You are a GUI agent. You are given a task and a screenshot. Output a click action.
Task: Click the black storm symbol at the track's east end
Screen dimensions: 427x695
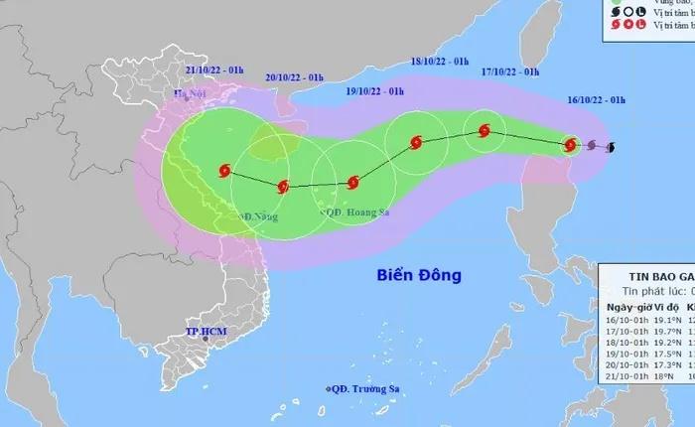(610, 149)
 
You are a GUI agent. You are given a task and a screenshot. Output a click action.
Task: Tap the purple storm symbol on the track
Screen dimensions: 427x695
(592, 147)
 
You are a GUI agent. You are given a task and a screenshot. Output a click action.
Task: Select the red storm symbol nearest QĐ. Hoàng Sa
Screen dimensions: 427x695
(354, 182)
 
